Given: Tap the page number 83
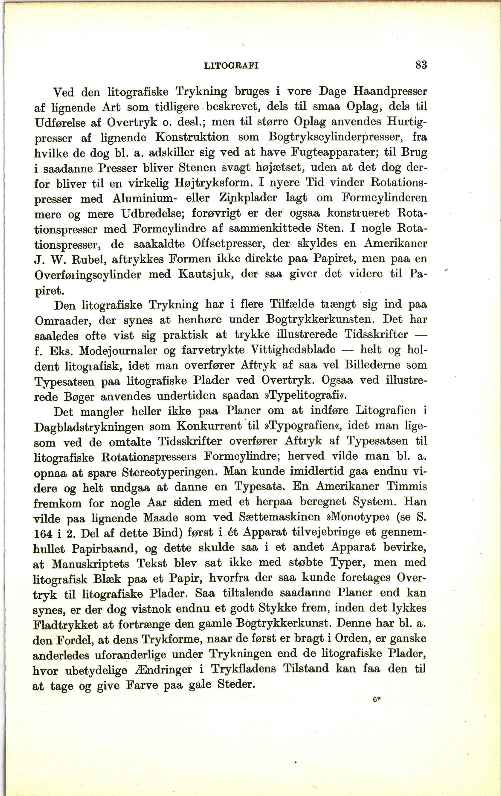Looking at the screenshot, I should [421, 64].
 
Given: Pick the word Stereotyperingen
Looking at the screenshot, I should [169, 472].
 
